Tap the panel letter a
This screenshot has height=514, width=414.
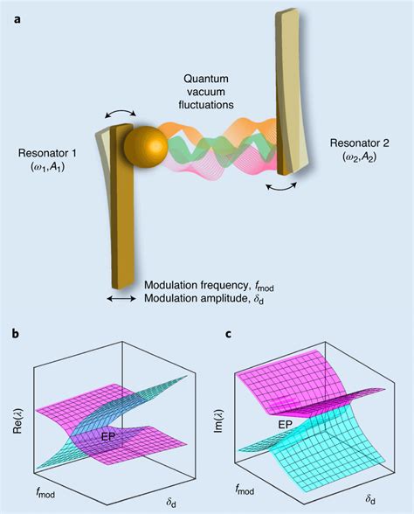pyautogui.click(x=17, y=19)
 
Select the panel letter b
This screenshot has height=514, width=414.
pyautogui.click(x=16, y=333)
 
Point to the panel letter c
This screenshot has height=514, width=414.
pyautogui.click(x=228, y=334)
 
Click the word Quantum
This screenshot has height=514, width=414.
pyautogui.click(x=206, y=79)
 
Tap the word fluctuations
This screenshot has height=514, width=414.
pyautogui.click(x=206, y=105)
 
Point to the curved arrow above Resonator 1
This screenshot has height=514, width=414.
pyautogui.click(x=121, y=113)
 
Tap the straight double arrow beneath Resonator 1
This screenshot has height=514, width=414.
pyautogui.click(x=122, y=298)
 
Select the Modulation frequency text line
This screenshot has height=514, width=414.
pyautogui.click(x=209, y=286)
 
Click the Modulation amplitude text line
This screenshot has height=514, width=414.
pyautogui.click(x=204, y=299)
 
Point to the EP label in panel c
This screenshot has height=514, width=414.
pyautogui.click(x=285, y=425)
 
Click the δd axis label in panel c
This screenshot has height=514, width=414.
pyautogui.click(x=370, y=499)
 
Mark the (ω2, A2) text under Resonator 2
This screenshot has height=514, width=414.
pyautogui.click(x=360, y=157)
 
